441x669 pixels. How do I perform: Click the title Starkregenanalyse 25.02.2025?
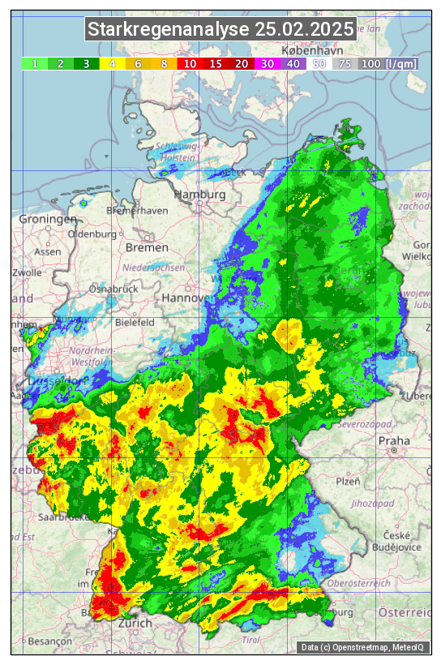(220, 30)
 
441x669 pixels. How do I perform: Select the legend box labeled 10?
(190, 63)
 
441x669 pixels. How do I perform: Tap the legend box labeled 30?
(268, 63)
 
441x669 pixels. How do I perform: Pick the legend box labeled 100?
(370, 63)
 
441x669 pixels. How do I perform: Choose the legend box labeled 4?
(113, 63)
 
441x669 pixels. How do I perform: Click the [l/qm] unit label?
(401, 63)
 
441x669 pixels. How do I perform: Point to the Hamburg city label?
(200, 195)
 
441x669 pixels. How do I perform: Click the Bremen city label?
(147, 247)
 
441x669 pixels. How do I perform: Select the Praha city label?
(393, 441)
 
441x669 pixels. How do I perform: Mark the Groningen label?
(48, 219)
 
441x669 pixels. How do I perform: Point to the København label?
(306, 50)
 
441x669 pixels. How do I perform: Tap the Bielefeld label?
(135, 322)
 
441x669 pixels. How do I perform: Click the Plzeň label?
(348, 481)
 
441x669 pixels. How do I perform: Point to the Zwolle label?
(27, 272)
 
